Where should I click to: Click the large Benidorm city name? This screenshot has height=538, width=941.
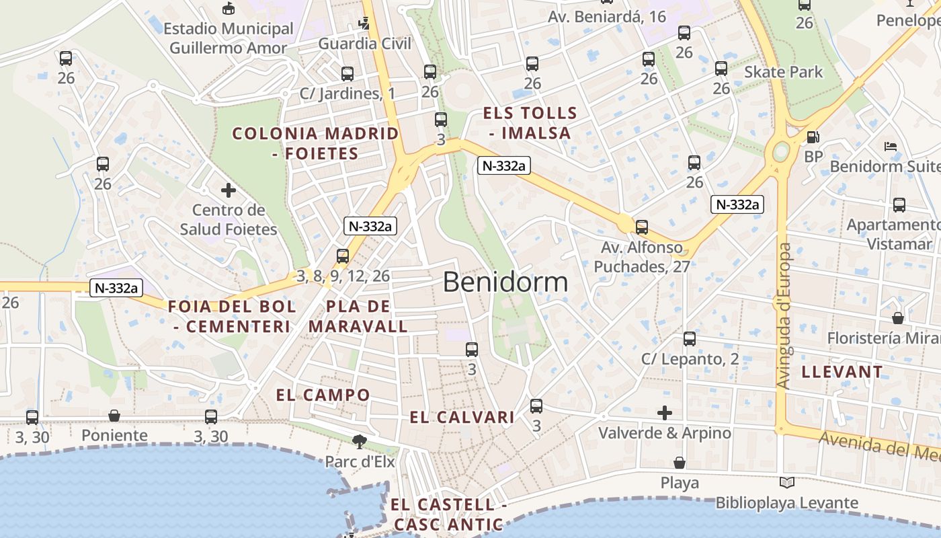[x=505, y=282]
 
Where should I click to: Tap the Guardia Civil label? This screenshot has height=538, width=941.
[x=364, y=44]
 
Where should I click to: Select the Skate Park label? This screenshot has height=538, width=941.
[x=783, y=72]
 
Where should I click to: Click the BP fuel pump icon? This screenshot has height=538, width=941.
[x=813, y=137]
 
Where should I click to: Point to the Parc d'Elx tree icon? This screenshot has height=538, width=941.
[x=360, y=441]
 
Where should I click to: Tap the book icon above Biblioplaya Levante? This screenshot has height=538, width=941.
[x=786, y=482]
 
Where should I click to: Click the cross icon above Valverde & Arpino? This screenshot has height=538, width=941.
[x=665, y=412]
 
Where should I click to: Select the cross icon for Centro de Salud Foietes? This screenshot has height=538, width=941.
[x=229, y=190]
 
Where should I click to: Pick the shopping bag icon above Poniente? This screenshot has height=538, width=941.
[x=114, y=416]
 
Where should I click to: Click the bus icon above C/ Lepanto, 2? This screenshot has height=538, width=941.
[x=690, y=339]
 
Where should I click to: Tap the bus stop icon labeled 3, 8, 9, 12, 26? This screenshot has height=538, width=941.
[x=343, y=256]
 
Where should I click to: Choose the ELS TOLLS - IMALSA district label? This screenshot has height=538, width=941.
[x=530, y=123]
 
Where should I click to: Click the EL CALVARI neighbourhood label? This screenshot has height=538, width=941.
[x=462, y=418]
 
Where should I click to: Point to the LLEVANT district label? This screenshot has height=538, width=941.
[x=842, y=371]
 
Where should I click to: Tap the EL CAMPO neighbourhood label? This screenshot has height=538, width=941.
[x=323, y=395]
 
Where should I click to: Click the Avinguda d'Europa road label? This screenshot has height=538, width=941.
[x=784, y=315]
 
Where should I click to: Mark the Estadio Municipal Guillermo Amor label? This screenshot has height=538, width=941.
[x=229, y=38]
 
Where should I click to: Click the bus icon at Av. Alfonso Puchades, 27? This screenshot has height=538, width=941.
[x=642, y=227]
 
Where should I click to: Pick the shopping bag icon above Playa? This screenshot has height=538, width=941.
[x=680, y=463]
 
